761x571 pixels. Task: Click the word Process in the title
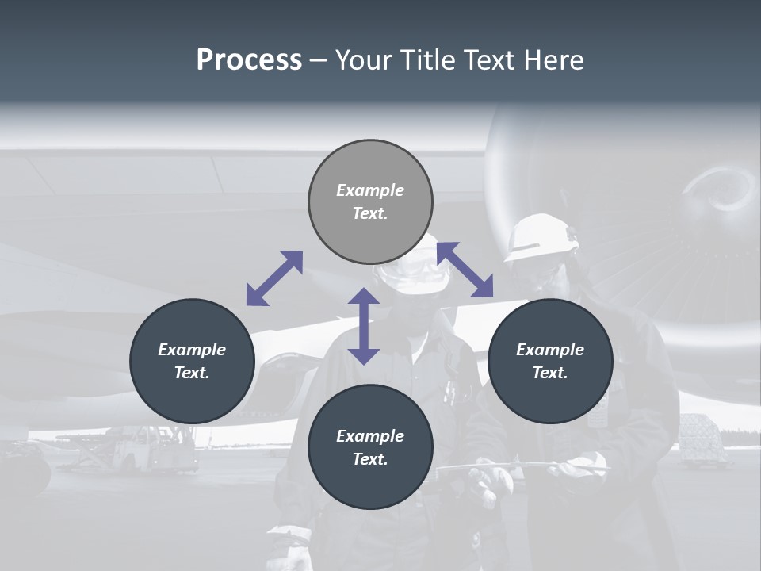point(249,60)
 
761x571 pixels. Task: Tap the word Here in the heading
point(554,60)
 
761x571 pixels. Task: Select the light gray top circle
point(370,201)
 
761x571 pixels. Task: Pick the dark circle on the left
point(192,361)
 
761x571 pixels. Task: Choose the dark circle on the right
point(549,361)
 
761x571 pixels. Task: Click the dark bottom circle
point(370,447)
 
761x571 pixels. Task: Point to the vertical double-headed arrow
point(364,326)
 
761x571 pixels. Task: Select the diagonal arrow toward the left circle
point(274,278)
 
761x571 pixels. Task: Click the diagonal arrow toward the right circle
point(465,270)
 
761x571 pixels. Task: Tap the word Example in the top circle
point(370,190)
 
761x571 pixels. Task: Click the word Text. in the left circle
point(192,373)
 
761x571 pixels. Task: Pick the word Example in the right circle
point(549,350)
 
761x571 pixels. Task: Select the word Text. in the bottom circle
point(370,459)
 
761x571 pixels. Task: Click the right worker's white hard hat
point(541,235)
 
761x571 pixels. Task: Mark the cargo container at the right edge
point(702,440)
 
